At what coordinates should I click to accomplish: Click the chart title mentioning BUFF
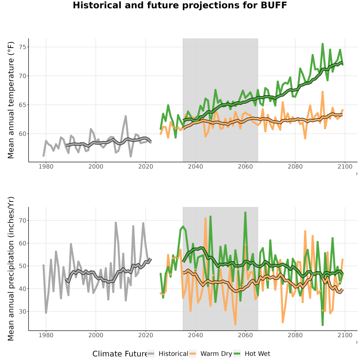pos(180,5)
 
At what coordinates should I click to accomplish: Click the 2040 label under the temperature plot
pos(195,166)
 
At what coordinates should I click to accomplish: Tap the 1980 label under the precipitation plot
pos(46,335)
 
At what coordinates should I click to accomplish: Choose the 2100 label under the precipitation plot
pos(345,335)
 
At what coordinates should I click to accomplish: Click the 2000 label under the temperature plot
pos(96,166)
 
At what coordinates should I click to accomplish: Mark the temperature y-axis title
pos(11,100)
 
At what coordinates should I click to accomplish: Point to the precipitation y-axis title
pos(11,269)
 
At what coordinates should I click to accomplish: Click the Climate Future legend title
pos(120,354)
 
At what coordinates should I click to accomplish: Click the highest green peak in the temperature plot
pos(322,44)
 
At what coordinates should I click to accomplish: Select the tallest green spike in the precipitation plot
pos(245,213)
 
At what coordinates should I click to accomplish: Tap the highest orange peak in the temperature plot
pos(322,92)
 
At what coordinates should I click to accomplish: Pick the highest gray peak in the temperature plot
pos(126,116)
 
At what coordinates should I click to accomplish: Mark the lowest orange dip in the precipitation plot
pos(235,324)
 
